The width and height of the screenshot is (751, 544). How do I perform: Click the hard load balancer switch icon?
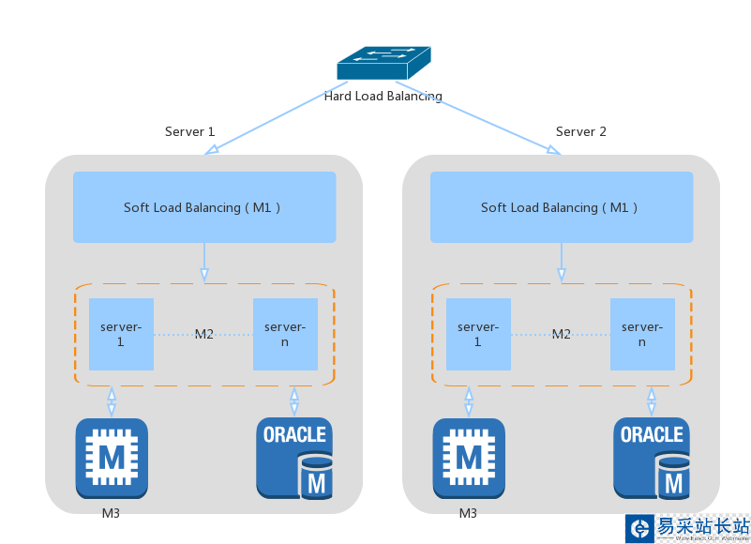384,63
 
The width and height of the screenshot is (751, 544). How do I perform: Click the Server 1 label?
189,131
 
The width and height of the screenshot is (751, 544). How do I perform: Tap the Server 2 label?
581,131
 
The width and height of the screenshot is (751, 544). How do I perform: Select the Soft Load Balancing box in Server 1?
204,207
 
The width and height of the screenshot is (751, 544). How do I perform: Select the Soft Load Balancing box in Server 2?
562,207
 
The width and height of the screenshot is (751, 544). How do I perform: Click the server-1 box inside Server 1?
121,334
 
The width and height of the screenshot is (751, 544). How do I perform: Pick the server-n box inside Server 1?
285,334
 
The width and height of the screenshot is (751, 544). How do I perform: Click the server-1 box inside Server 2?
478,334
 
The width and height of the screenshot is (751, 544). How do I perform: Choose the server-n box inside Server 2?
642,334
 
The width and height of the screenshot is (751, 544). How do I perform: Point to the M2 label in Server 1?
203,334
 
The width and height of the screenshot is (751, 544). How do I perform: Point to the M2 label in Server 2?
561,334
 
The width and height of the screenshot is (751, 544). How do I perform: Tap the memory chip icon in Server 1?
112,458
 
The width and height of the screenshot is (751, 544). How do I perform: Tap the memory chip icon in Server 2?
469,458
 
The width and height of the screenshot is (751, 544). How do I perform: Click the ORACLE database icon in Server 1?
294,458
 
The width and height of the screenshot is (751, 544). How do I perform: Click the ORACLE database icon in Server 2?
652,458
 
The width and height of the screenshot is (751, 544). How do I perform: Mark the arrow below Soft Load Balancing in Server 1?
204,262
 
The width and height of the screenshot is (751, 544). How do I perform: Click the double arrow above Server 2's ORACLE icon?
652,401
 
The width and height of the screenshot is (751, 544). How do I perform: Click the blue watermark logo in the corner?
640,528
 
